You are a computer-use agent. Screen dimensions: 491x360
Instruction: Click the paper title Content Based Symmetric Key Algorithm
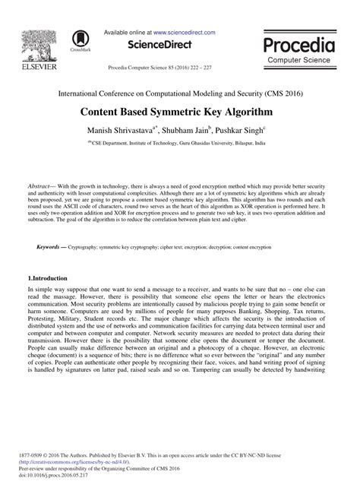pyautogui.click(x=179, y=111)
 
